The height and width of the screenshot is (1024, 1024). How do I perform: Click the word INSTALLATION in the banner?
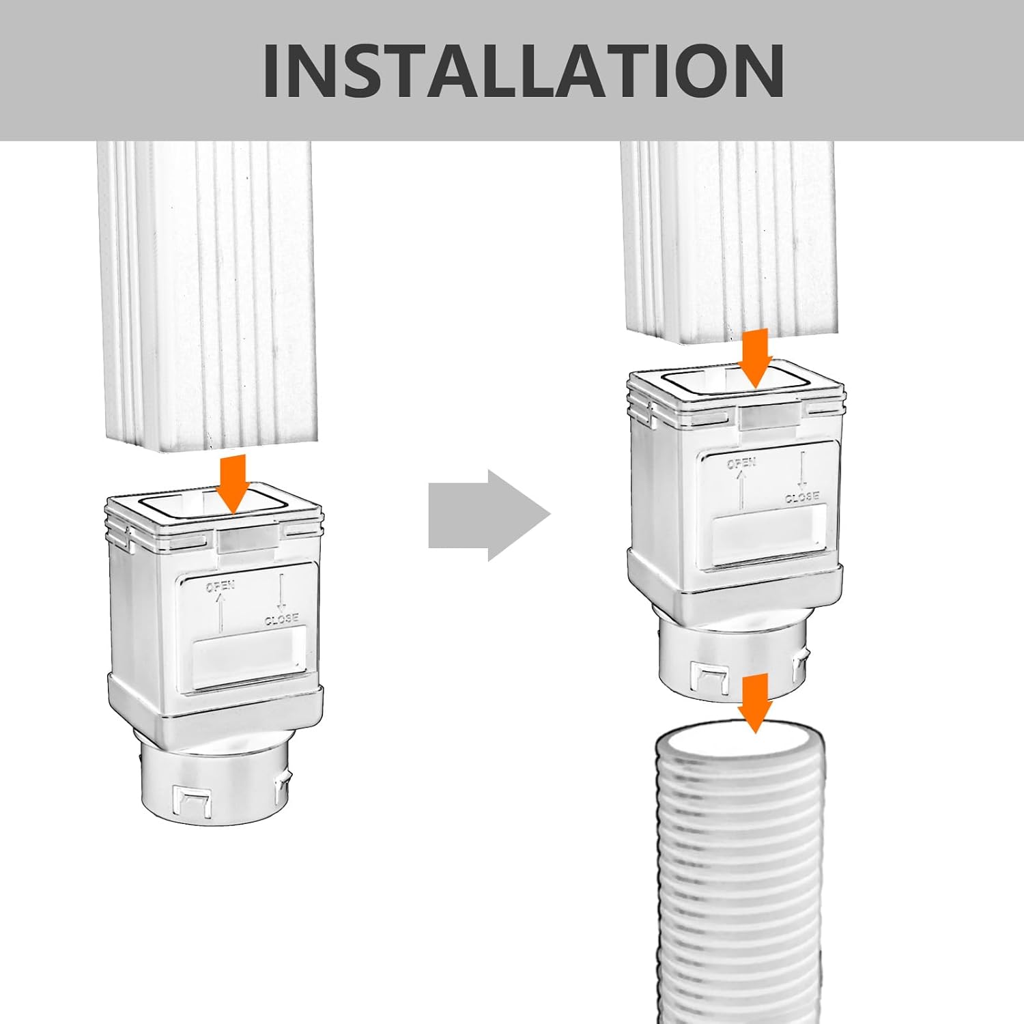[523, 70]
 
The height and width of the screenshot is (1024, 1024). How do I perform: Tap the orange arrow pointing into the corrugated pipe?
[754, 703]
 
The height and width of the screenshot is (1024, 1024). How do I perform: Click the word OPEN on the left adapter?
[221, 586]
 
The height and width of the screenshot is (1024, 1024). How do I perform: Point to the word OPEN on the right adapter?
[741, 464]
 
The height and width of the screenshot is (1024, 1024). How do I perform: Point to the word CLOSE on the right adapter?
[801, 497]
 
